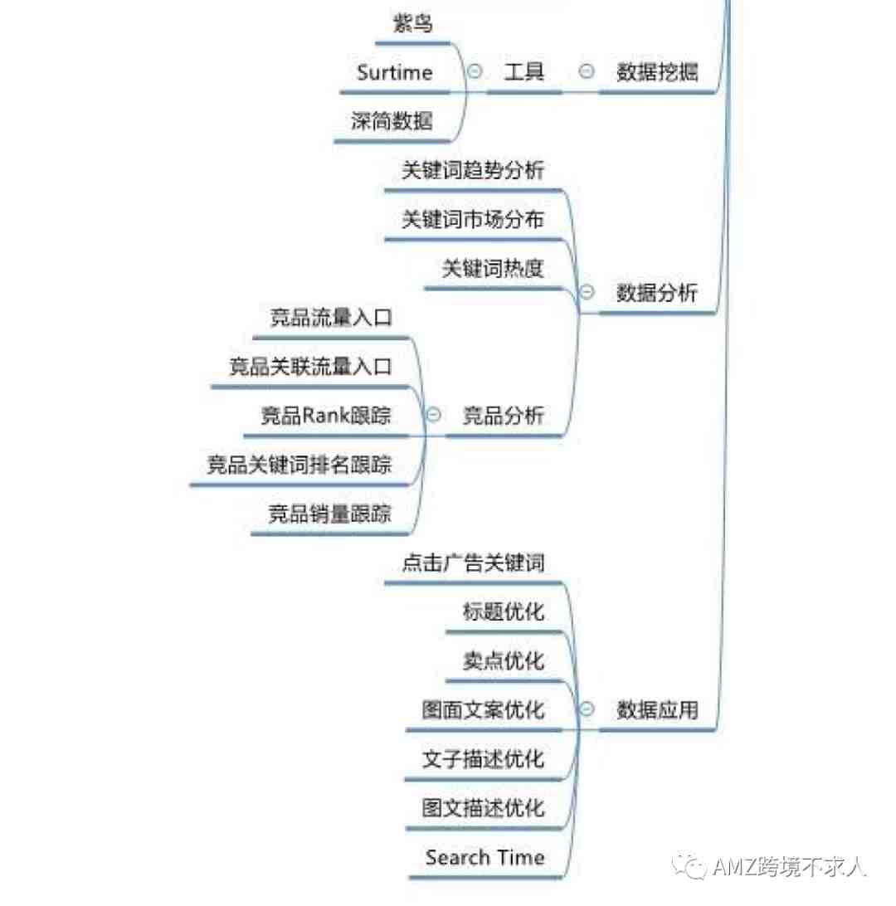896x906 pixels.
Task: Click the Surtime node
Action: pos(395,72)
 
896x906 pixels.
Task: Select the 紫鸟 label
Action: pos(412,24)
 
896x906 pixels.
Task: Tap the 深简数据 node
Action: pos(392,121)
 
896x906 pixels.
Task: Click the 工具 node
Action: pos(524,71)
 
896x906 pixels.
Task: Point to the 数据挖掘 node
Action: pos(657,71)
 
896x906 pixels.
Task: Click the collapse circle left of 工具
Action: pos(475,71)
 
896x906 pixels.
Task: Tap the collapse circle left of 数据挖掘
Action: pos(587,71)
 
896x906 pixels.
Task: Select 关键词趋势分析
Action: pos(473,170)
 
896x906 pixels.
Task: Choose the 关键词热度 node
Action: pos(494,268)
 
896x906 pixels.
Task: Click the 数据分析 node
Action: pos(657,292)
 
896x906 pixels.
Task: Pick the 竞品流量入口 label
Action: pos(331,317)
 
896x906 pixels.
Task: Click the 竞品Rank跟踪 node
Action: pos(326,416)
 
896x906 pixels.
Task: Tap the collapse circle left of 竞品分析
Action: pos(434,414)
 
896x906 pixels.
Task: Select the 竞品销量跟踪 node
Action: pos(330,514)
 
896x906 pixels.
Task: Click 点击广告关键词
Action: pos(473,563)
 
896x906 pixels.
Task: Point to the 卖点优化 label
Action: pos(504,661)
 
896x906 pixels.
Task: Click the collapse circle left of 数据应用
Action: pos(587,709)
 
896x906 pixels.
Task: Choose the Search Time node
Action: pos(485,858)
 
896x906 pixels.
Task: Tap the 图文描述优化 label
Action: pos(484,808)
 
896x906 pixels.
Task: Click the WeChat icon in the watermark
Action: pos(689,866)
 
